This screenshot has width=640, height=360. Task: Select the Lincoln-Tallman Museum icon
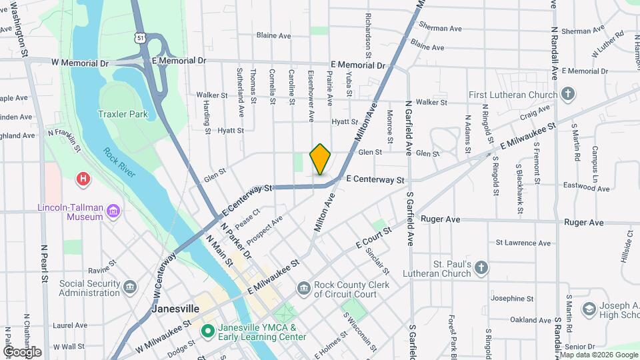pyautogui.click(x=114, y=212)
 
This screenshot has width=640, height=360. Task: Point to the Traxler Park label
pyautogui.click(x=123, y=114)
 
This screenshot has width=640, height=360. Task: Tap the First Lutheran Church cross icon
pyautogui.click(x=567, y=93)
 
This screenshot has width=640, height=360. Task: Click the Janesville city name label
pyautogui.click(x=175, y=309)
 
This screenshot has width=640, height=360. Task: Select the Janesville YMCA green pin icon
pyautogui.click(x=207, y=330)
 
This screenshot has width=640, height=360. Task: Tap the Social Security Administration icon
pyautogui.click(x=129, y=287)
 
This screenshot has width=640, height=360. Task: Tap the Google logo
pyautogui.click(x=22, y=351)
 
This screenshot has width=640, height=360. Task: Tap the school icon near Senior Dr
pyautogui.click(x=589, y=309)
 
